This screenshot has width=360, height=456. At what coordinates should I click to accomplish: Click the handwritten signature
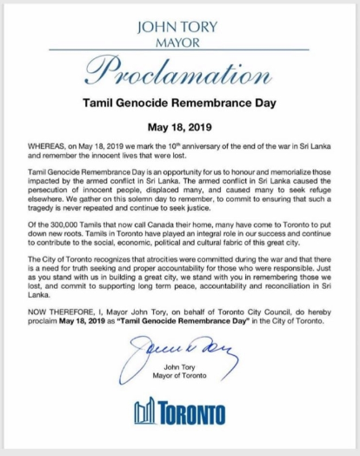pos(180,357)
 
